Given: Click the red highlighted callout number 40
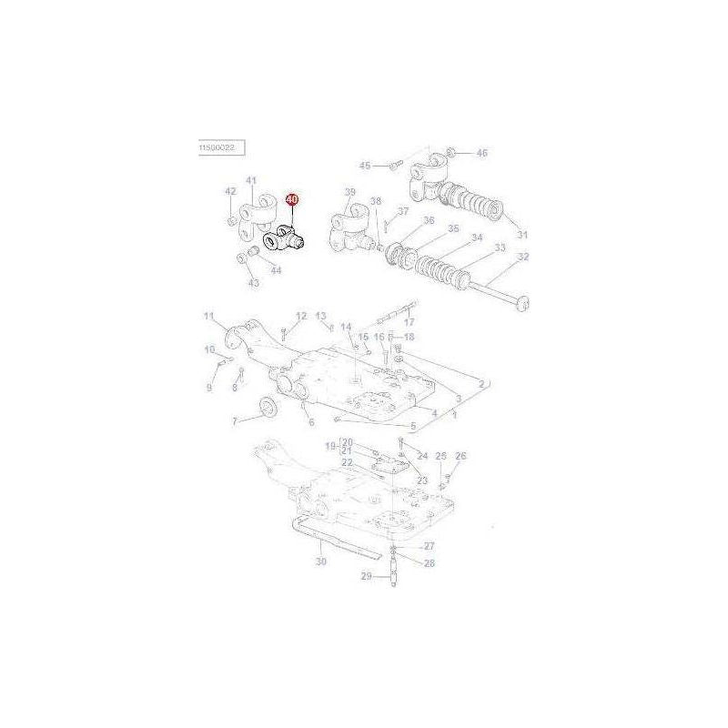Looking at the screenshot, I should (292, 198).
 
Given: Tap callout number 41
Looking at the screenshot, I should (251, 180).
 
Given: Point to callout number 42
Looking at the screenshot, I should (230, 191).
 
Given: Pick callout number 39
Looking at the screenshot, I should (350, 192).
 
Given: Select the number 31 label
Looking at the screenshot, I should (521, 235).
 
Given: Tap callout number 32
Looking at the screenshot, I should (523, 257).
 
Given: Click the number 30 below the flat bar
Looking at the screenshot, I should (320, 562).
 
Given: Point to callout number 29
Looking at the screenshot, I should (366, 577).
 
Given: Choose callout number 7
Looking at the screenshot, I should (235, 420).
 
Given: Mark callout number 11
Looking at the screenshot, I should (208, 317).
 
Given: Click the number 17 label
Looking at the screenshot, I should (409, 321).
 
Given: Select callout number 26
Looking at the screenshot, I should (460, 456).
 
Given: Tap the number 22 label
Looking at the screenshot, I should (347, 462).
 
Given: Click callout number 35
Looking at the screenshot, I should (453, 229).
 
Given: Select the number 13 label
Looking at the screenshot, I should (321, 316).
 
